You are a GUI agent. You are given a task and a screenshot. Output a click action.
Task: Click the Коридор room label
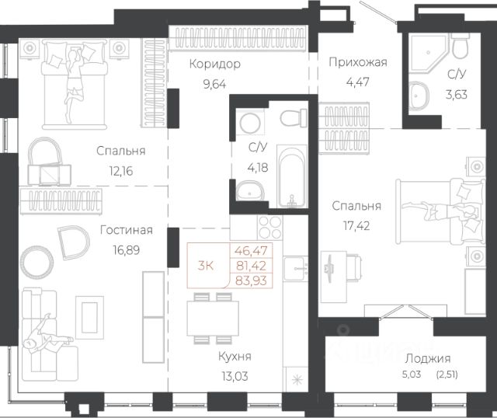coord(215,64)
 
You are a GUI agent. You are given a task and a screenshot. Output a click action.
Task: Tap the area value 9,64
coord(214,85)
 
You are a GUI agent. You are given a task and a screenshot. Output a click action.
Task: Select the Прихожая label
coord(358,62)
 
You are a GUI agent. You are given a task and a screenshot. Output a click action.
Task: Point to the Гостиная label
coord(126,230)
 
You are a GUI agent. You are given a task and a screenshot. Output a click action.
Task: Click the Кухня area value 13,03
coord(235,377)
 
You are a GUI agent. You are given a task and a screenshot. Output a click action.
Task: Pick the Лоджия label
coord(428,359)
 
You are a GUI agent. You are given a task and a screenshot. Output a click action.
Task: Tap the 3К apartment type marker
coord(205,266)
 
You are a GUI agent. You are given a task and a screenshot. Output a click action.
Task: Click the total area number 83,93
coord(252,280)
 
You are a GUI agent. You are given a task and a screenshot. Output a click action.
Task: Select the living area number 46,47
coord(251,251)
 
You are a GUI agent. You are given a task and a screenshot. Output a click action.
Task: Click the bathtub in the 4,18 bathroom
coord(292,176)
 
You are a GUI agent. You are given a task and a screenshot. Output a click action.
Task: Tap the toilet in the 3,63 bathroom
coord(460,47)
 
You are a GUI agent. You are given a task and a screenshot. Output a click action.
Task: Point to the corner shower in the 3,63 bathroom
coord(428,53)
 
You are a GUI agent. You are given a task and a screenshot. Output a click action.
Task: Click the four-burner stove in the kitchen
coord(270,228)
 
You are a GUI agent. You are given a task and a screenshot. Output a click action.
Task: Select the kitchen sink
coord(295,269)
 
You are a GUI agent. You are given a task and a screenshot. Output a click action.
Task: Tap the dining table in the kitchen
coord(213,318)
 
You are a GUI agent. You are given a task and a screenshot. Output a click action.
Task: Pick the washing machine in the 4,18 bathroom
coord(250,123)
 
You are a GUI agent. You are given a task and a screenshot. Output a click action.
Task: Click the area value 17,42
coord(356,226)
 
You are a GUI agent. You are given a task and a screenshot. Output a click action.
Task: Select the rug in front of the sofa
coord(89,318)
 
